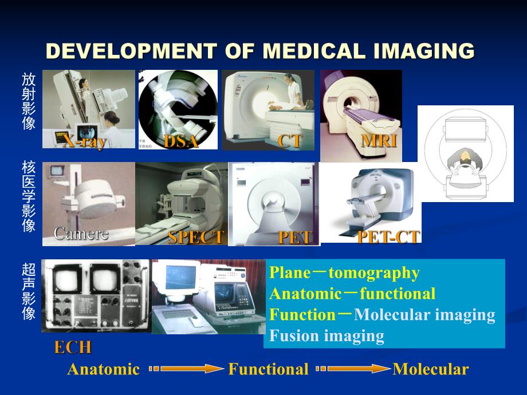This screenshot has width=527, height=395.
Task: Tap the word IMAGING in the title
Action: click(x=423, y=51)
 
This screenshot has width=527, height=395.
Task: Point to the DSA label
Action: click(x=180, y=141)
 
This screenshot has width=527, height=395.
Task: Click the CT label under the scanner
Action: click(x=289, y=141)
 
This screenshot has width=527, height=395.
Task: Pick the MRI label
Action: click(x=379, y=140)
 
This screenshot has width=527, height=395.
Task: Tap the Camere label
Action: click(x=80, y=234)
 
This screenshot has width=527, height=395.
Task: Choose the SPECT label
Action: click(x=195, y=238)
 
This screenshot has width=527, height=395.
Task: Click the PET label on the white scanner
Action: click(x=296, y=238)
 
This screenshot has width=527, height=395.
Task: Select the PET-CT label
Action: click(x=388, y=236)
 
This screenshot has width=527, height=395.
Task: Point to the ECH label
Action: click(x=73, y=347)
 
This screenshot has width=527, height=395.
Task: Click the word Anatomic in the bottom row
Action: click(x=103, y=369)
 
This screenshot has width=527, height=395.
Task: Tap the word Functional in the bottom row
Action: click(x=268, y=369)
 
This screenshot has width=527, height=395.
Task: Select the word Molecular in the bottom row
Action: click(x=430, y=369)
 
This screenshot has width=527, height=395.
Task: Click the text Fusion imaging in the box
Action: click(x=327, y=335)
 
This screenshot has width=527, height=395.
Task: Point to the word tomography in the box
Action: click(x=382, y=273)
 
